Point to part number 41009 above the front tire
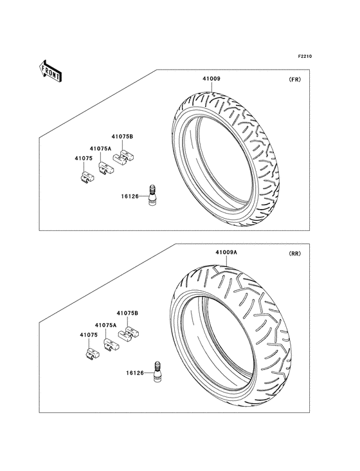pos(212,79)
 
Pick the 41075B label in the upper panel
pos(122,136)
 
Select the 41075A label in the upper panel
pos(101,148)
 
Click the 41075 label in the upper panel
pos(82,158)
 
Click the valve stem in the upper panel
pos(152,195)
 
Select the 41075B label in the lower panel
pos(127,313)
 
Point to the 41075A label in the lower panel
pos(106,326)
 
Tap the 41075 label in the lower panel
pos(88,335)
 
